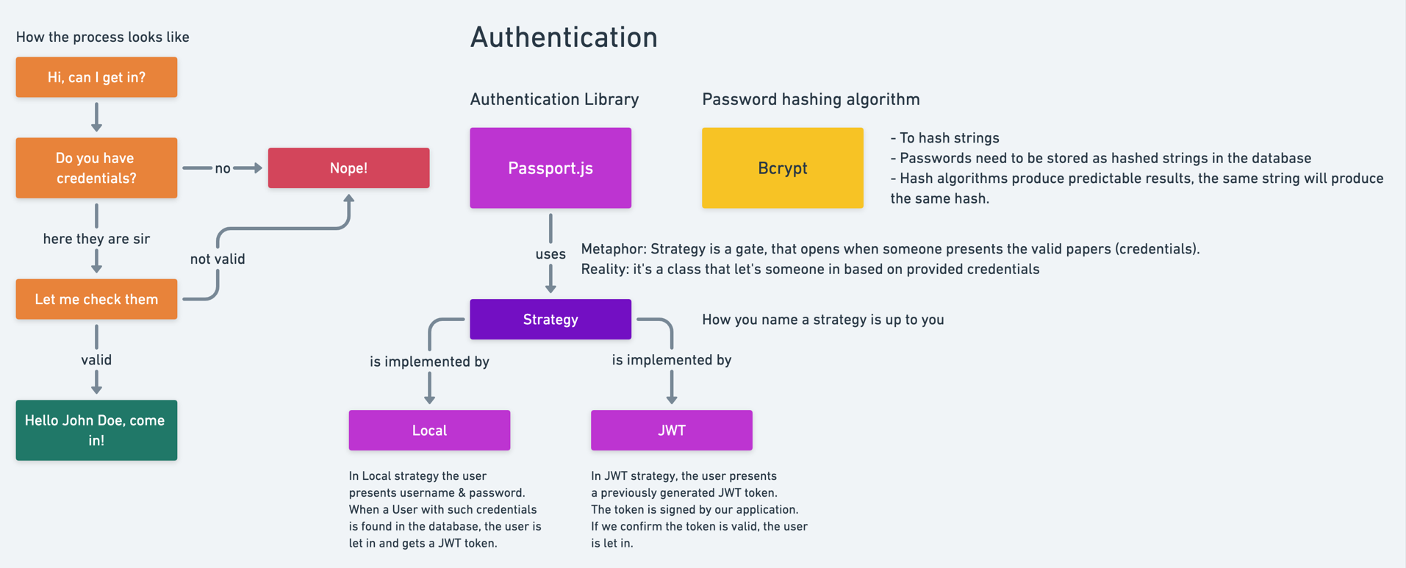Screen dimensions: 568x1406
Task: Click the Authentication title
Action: (564, 37)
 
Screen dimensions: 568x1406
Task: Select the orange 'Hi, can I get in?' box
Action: (96, 77)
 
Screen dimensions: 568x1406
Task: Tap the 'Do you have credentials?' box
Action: (96, 168)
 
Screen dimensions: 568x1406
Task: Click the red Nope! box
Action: (348, 168)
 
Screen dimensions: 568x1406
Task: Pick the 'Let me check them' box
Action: (96, 299)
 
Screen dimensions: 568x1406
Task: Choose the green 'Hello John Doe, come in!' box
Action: (96, 430)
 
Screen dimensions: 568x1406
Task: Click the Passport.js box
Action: (550, 168)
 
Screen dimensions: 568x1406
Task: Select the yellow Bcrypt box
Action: (782, 168)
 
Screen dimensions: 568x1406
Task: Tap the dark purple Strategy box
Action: (550, 319)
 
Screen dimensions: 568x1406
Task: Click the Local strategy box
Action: (429, 430)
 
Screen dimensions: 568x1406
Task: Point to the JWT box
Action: (671, 430)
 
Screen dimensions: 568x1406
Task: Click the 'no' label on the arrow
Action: (223, 168)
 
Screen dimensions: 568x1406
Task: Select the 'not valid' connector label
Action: (218, 259)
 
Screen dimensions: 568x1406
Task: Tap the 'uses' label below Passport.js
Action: (550, 254)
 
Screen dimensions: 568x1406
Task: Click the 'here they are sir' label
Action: (96, 239)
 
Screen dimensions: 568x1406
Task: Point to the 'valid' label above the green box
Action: (96, 360)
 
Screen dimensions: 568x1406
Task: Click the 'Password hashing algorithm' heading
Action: (811, 99)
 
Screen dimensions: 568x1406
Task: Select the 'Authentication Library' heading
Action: (554, 99)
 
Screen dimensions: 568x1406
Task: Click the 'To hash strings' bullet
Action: (945, 138)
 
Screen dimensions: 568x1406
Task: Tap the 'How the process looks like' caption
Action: (103, 37)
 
